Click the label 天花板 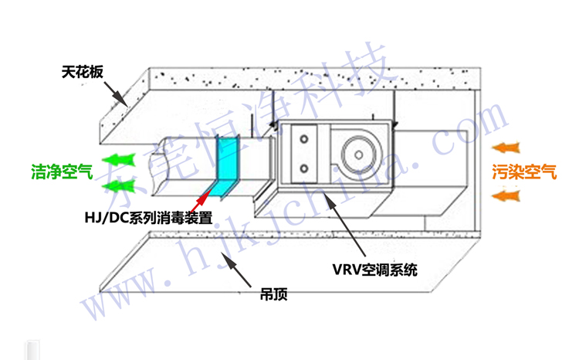coord(81,74)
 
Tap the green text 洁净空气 coord(62,172)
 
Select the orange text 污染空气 coord(525,172)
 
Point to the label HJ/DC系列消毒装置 coord(148,217)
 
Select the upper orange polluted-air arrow coord(508,147)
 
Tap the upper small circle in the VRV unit coord(304,139)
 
